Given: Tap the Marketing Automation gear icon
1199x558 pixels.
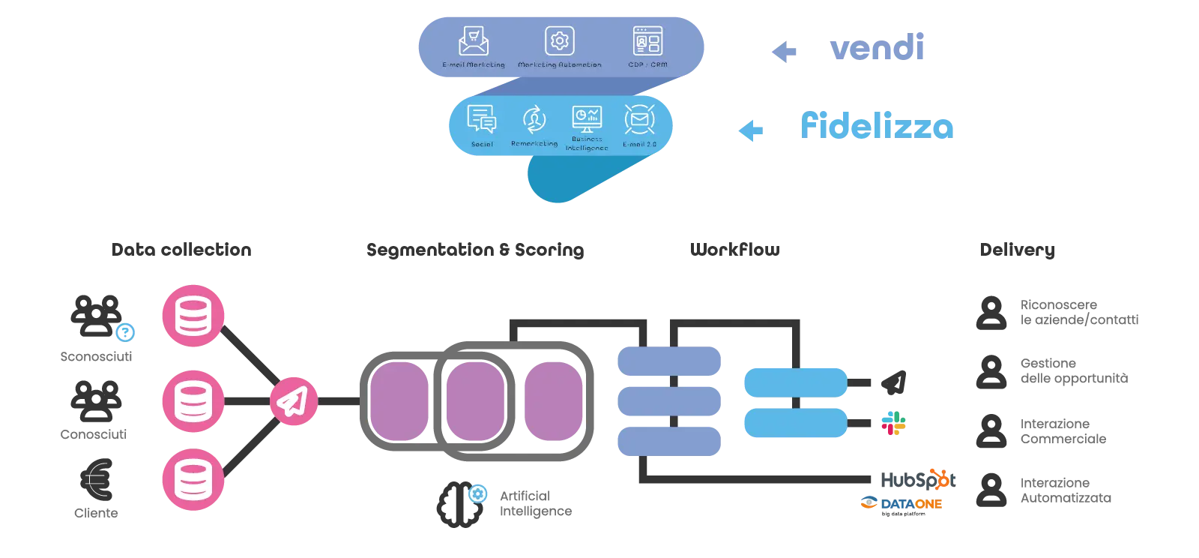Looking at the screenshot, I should tap(559, 40).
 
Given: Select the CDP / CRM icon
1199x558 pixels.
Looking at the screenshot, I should tap(647, 40).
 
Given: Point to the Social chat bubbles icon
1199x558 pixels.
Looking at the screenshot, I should tap(481, 119).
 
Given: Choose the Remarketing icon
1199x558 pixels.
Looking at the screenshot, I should tap(534, 119).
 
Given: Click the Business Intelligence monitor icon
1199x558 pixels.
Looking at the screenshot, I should tap(587, 118).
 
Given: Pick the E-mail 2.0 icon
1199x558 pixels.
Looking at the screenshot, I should tap(639, 119).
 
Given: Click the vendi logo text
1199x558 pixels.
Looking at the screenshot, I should tap(877, 46).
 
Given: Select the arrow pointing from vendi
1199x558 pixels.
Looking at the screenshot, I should tap(783, 51).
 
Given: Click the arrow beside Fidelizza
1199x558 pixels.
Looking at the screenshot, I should tap(752, 130).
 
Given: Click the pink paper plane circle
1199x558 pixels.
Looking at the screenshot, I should tap(293, 402).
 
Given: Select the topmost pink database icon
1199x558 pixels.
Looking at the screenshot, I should tap(193, 315).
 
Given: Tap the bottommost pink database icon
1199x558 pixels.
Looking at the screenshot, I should tap(193, 480).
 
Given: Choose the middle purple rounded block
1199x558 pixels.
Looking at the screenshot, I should tap(474, 401).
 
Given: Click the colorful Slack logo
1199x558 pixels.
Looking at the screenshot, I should tap(895, 424).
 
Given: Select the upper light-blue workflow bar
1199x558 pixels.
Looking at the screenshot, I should tap(795, 382).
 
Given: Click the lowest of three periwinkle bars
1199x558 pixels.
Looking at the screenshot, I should tap(669, 441).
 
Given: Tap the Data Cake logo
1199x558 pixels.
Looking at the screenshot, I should tap(902, 503).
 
